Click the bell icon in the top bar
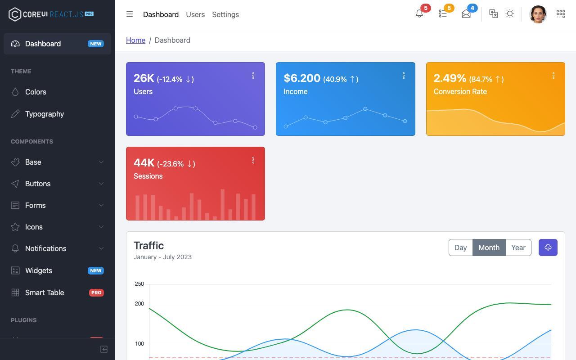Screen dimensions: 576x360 tap(419, 13)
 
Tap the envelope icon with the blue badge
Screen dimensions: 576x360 tap(466, 13)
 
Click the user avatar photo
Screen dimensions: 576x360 tap(538, 14)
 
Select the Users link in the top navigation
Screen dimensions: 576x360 tap(195, 14)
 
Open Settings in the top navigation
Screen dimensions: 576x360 tap(225, 14)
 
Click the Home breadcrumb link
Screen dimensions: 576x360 tap(135, 40)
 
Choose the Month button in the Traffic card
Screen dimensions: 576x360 tap(489, 247)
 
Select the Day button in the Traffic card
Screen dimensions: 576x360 tap(460, 247)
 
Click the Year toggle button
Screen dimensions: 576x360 tap(518, 247)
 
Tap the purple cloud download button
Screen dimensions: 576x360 tap(548, 247)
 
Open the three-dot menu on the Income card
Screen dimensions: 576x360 tap(404, 76)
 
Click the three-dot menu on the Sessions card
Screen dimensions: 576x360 tap(253, 160)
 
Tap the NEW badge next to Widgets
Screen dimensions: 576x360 tap(96, 270)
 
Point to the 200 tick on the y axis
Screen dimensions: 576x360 tap(139, 304)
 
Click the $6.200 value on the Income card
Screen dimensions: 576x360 tap(302, 78)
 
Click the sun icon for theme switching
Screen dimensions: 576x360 tap(509, 13)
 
